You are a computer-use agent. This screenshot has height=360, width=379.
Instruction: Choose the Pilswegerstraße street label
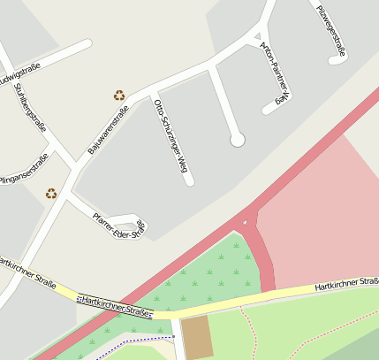click(x=330, y=30)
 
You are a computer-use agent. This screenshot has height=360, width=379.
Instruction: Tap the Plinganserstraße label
click(x=23, y=169)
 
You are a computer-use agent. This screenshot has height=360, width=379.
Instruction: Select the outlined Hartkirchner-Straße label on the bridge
click(x=115, y=306)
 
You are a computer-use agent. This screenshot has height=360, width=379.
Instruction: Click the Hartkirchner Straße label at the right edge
click(x=347, y=284)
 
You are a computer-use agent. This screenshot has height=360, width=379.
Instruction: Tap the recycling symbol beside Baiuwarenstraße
click(x=119, y=95)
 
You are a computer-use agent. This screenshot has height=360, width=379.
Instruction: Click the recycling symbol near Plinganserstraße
click(x=51, y=193)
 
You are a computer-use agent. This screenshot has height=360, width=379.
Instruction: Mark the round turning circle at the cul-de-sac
click(x=237, y=139)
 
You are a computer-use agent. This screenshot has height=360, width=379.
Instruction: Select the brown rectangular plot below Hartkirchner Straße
click(x=197, y=337)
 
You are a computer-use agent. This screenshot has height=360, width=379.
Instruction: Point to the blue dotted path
click(x=133, y=340)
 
